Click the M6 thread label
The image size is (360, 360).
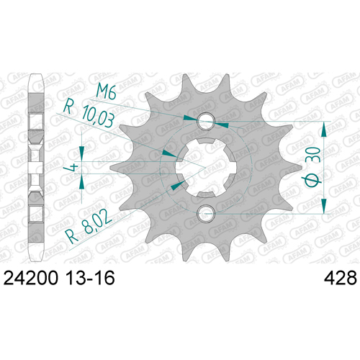click(x=106, y=92)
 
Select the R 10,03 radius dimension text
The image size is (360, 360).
click(x=89, y=114)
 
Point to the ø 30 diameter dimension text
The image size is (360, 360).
click(x=312, y=167)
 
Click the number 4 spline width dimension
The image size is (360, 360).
click(x=72, y=167)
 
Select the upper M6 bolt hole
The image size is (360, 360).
click(x=205, y=121)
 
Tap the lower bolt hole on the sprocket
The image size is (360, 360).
click(x=205, y=213)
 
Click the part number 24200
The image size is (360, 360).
click(x=31, y=278)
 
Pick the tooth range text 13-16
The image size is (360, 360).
click(x=90, y=278)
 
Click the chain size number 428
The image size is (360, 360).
click(x=341, y=278)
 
